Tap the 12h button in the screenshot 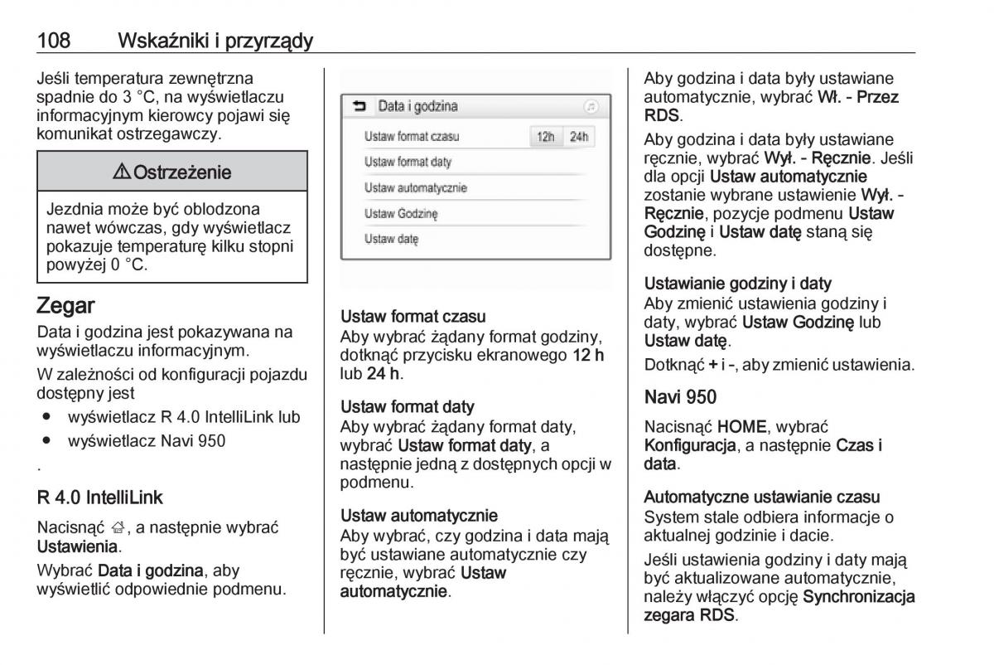pyautogui.click(x=545, y=137)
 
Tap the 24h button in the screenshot pyautogui.click(x=579, y=137)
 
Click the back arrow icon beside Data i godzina pyautogui.click(x=359, y=107)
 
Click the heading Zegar pyautogui.click(x=65, y=306)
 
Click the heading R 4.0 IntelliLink pyautogui.click(x=100, y=498)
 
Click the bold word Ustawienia pyautogui.click(x=78, y=547)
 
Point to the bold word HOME pyautogui.click(x=741, y=427)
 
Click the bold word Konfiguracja pyautogui.click(x=690, y=446)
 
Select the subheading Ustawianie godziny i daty pyautogui.click(x=738, y=284)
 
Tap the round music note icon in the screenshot pyautogui.click(x=590, y=107)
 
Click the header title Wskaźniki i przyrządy pyautogui.click(x=215, y=40)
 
